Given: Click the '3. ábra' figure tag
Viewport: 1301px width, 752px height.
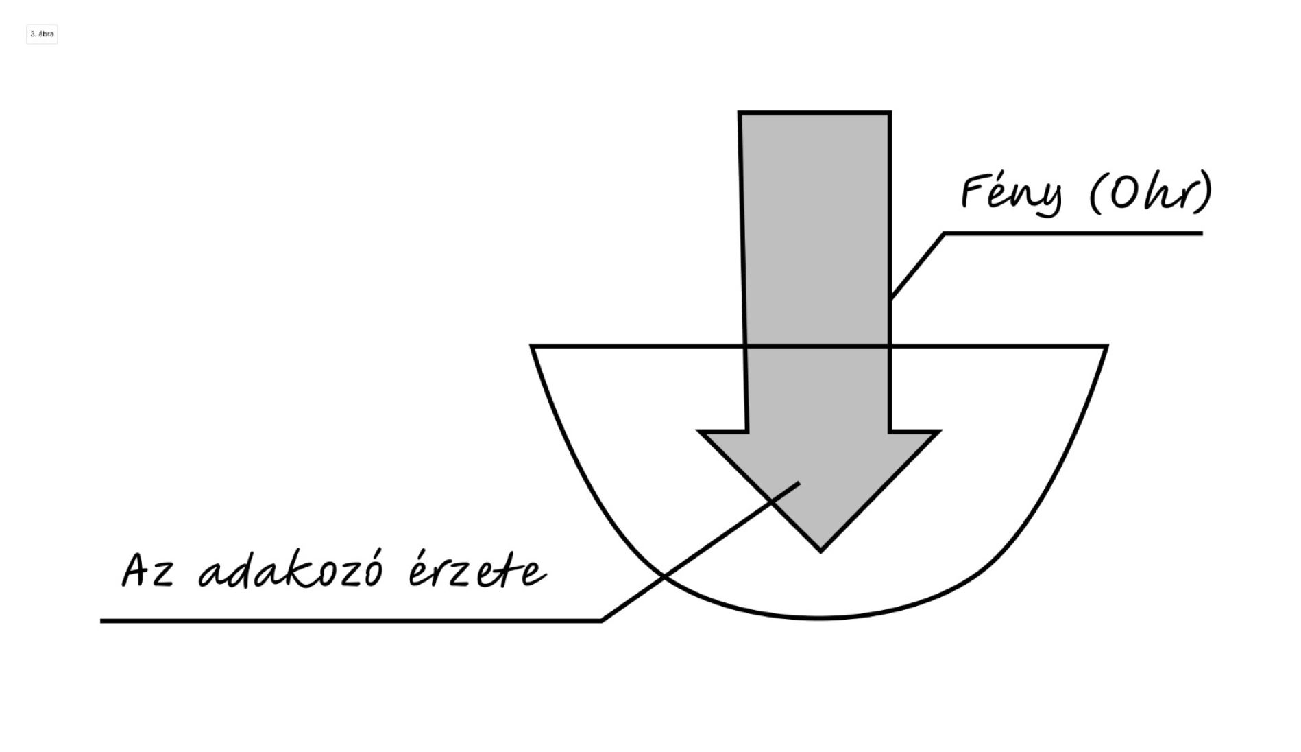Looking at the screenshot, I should (x=42, y=34).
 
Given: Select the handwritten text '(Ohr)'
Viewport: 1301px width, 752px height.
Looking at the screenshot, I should (x=1150, y=192).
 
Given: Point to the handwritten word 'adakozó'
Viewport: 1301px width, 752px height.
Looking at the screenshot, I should (x=290, y=571).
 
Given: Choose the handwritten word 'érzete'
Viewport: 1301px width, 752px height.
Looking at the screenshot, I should (x=477, y=571).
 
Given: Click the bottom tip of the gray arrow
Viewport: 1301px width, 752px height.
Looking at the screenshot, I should (x=820, y=550).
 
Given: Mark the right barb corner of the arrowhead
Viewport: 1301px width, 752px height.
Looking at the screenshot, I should (x=938, y=432).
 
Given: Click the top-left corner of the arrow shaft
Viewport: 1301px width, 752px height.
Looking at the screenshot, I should (x=740, y=113).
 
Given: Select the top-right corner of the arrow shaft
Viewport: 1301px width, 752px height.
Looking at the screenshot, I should (x=890, y=113).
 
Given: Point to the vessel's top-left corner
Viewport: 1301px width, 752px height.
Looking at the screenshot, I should (x=533, y=346).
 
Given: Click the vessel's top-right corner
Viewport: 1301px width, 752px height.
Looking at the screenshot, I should (x=1106, y=346).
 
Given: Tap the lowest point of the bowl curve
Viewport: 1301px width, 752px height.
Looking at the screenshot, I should (x=819, y=618).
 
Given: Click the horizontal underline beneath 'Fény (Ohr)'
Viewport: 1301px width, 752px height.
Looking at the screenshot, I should (x=1073, y=233).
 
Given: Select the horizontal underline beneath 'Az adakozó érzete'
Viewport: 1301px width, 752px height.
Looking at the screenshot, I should (x=350, y=621).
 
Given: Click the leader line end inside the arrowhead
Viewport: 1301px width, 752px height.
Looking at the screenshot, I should (x=799, y=484).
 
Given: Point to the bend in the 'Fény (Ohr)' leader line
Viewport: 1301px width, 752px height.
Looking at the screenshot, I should (x=945, y=234).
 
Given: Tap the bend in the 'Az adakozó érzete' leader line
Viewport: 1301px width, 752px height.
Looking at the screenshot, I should (x=601, y=620).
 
